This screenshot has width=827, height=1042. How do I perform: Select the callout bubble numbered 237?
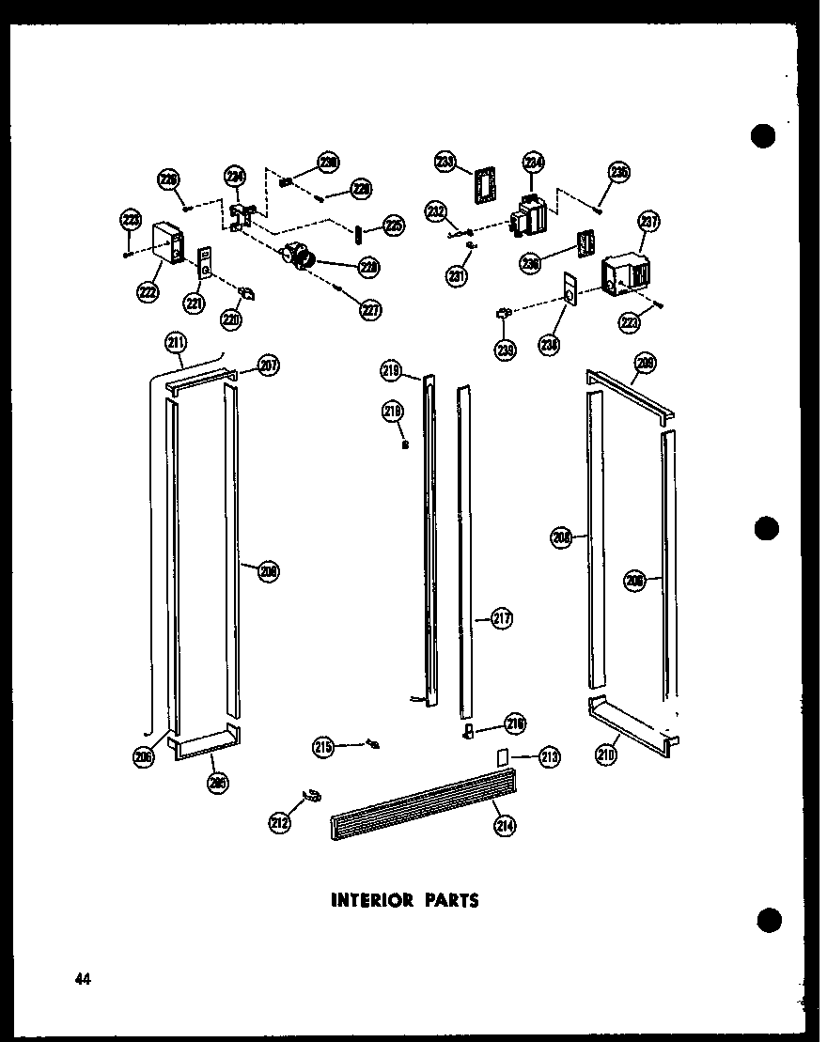click(x=649, y=223)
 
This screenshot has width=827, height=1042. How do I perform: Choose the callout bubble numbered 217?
click(x=501, y=618)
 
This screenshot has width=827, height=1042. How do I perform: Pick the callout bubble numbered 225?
click(x=394, y=226)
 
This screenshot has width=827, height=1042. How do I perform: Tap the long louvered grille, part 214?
click(x=423, y=804)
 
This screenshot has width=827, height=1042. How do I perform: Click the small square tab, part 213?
click(x=503, y=755)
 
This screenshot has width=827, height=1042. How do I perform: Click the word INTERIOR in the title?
click(x=372, y=900)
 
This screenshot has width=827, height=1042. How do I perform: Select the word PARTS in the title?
click(x=451, y=900)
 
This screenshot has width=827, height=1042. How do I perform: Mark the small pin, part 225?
click(x=358, y=231)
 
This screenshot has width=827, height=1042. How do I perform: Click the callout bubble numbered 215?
click(x=324, y=747)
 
